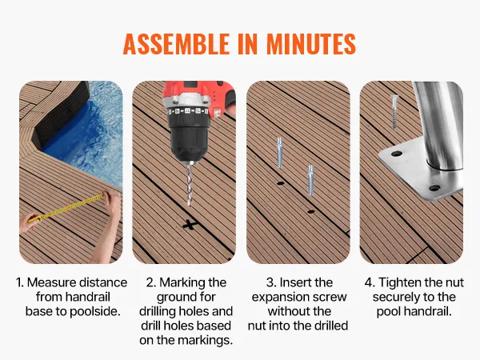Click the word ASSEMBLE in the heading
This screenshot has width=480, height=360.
point(176,44)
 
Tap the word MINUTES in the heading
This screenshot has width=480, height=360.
point(311,44)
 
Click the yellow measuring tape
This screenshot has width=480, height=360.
point(66,208)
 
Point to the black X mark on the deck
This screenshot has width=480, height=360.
point(190,226)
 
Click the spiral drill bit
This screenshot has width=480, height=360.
point(190,184)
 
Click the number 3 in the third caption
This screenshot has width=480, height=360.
point(270,282)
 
